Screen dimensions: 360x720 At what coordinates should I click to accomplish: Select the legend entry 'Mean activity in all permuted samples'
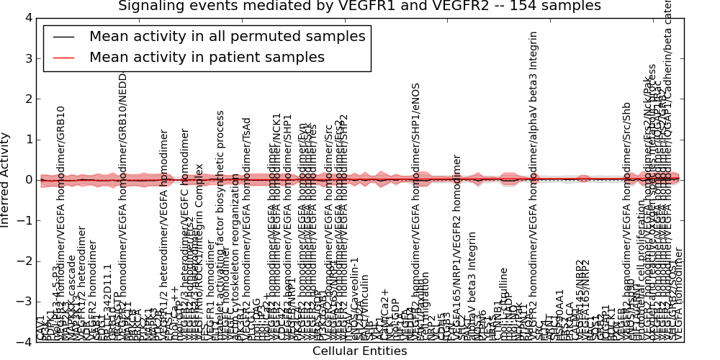(227, 37)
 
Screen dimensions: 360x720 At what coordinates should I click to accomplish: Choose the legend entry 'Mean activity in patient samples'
(207, 57)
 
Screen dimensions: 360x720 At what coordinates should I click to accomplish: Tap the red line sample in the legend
(63, 58)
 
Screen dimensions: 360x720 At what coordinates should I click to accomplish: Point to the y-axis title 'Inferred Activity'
(6, 180)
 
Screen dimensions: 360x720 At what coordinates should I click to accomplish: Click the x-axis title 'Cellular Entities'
(359, 351)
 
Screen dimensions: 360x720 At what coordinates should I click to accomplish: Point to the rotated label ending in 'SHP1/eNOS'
(415, 209)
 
